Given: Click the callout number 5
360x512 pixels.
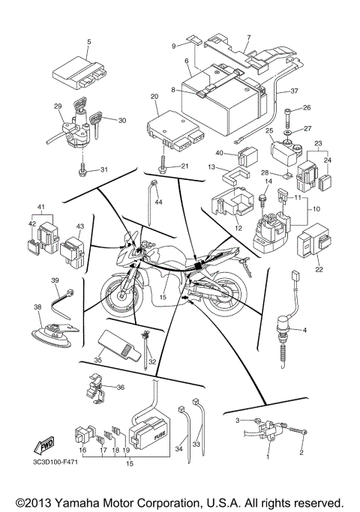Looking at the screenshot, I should click(x=88, y=43).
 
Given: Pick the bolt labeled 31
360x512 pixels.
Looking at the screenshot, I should click(x=82, y=172).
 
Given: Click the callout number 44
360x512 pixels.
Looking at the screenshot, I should click(x=158, y=202).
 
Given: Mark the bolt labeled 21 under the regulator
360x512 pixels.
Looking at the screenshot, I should click(x=163, y=166).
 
